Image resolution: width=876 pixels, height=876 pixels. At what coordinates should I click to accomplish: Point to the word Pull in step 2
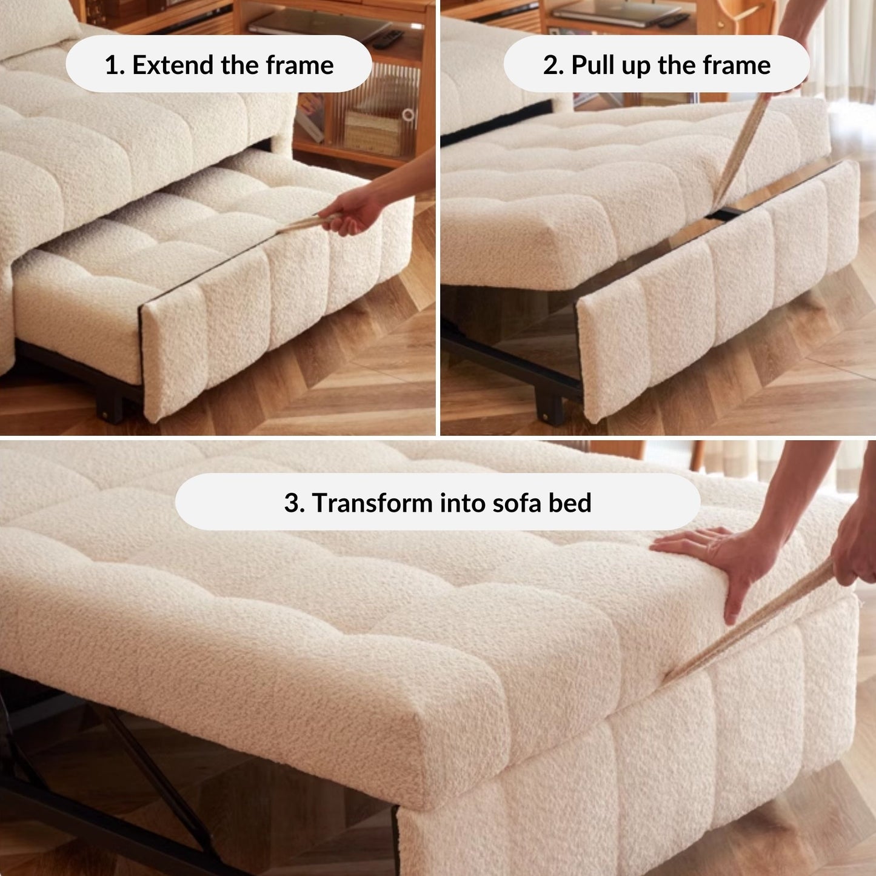tap(592, 65)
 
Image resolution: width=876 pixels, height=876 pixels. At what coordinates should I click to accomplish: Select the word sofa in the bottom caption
tap(520, 503)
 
